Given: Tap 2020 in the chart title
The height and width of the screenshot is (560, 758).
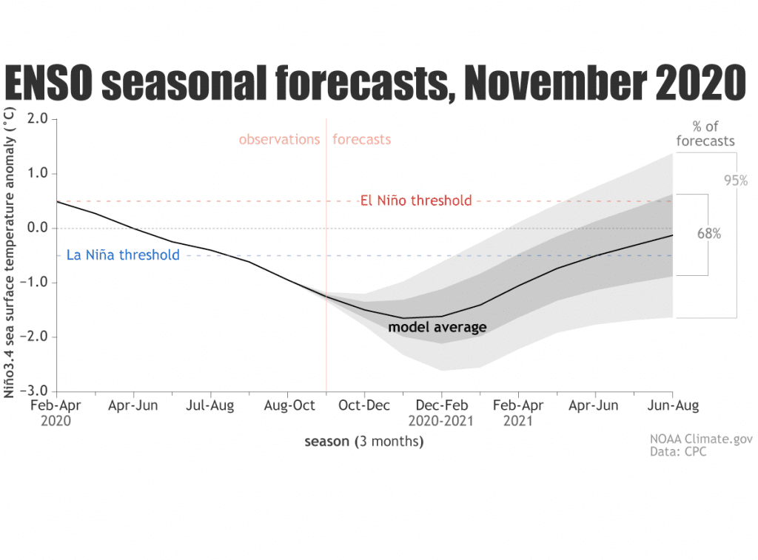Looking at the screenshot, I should pyautogui.click(x=688, y=83).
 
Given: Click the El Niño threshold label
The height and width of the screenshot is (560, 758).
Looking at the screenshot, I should pyautogui.click(x=415, y=200).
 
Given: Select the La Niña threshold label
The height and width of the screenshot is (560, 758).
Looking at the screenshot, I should pyautogui.click(x=123, y=255).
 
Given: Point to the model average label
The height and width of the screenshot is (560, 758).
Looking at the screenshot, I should pyautogui.click(x=437, y=327).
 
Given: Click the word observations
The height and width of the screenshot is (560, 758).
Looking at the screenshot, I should pyautogui.click(x=279, y=139).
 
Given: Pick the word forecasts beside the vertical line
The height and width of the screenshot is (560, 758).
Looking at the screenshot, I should pyautogui.click(x=361, y=139).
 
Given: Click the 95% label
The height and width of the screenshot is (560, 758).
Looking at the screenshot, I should pyautogui.click(x=736, y=180).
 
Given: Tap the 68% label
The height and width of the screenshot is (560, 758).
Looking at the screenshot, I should pyautogui.click(x=708, y=233).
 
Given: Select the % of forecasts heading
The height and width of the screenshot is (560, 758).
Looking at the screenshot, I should pyautogui.click(x=705, y=134).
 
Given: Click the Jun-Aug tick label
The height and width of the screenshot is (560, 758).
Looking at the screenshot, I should pyautogui.click(x=671, y=405).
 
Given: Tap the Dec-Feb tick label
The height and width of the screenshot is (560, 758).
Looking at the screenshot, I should pyautogui.click(x=441, y=405).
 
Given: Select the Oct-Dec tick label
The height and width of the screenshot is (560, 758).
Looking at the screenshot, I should pyautogui.click(x=364, y=405).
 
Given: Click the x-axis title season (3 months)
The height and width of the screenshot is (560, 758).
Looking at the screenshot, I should pyautogui.click(x=364, y=442).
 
